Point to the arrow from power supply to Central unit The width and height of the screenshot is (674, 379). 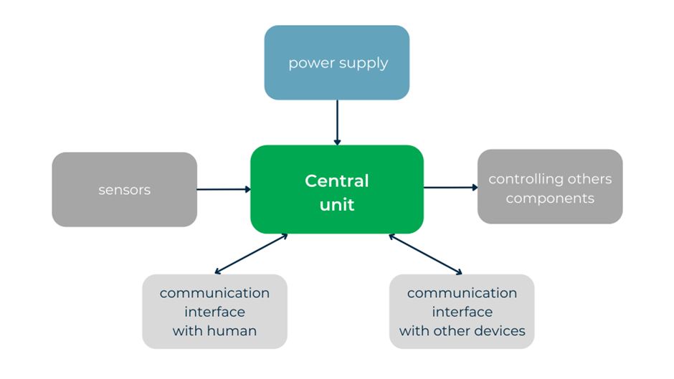337,122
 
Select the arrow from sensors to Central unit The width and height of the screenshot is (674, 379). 223,189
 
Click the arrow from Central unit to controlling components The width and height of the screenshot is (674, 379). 450,188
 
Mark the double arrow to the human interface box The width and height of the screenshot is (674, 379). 251,254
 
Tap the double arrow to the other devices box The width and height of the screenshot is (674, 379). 425,254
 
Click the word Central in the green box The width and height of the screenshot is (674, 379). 336,181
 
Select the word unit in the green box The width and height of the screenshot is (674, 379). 337,205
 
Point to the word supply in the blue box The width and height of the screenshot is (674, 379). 364,64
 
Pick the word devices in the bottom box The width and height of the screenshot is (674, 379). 500,331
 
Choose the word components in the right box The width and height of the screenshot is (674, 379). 550,198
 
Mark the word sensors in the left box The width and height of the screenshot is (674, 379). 124,191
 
